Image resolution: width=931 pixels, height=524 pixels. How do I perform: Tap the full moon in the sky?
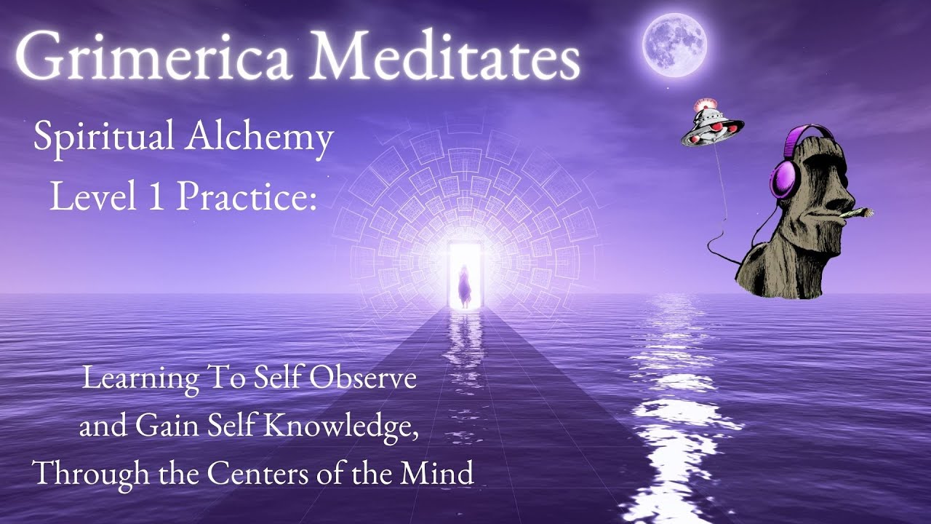click(x=674, y=45)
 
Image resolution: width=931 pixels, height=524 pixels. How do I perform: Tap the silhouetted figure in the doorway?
click(x=463, y=287)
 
